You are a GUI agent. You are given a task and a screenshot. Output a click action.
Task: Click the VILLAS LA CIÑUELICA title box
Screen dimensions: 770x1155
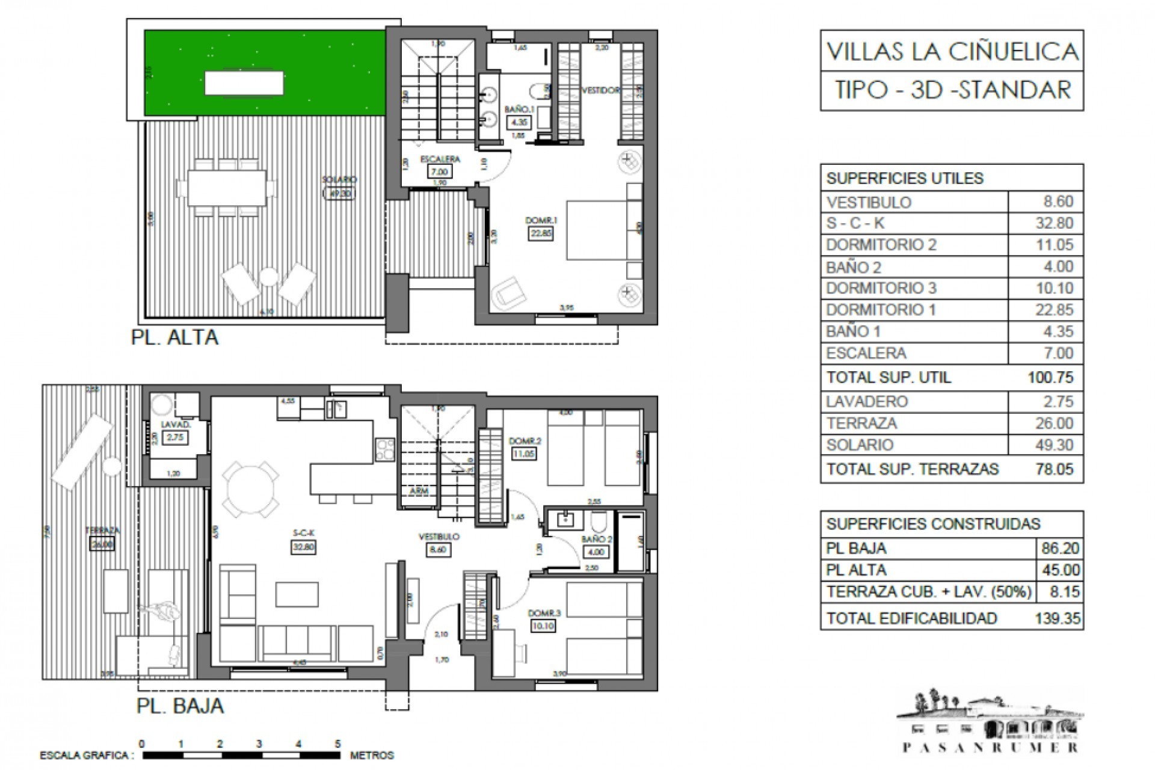tap(952, 51)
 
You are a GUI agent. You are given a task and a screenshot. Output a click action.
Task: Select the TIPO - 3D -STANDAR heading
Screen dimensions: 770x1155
tap(952, 90)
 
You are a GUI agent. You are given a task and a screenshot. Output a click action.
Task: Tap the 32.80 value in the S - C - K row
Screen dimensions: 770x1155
tap(1054, 223)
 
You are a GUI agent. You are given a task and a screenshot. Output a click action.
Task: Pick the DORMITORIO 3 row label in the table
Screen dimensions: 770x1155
tap(881, 288)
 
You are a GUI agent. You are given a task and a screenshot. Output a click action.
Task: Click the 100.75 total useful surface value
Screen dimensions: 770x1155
tap(1050, 377)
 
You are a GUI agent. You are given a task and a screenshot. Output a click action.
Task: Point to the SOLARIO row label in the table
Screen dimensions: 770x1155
tap(860, 445)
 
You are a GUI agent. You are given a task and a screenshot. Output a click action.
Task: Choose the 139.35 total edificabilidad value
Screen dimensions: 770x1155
tap(1058, 618)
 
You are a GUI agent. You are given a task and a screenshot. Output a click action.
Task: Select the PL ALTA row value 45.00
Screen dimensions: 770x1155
tap(1060, 570)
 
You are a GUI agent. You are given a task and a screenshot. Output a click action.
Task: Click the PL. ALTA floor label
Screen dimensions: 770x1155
tap(174, 337)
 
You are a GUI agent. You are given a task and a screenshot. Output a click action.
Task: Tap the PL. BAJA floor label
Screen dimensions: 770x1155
tap(180, 706)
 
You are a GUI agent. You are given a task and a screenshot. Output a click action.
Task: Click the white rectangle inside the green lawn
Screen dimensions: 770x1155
tap(244, 82)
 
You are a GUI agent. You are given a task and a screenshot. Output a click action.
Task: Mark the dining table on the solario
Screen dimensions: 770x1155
tap(227, 188)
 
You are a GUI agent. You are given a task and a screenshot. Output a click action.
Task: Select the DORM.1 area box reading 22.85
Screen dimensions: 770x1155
tap(541, 234)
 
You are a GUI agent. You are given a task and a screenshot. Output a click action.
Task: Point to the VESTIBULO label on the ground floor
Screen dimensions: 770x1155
tap(439, 537)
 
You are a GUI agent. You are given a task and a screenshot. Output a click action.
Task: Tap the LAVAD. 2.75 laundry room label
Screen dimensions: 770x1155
tap(175, 432)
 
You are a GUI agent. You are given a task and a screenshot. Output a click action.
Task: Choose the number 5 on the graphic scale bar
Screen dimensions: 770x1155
tap(338, 744)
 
